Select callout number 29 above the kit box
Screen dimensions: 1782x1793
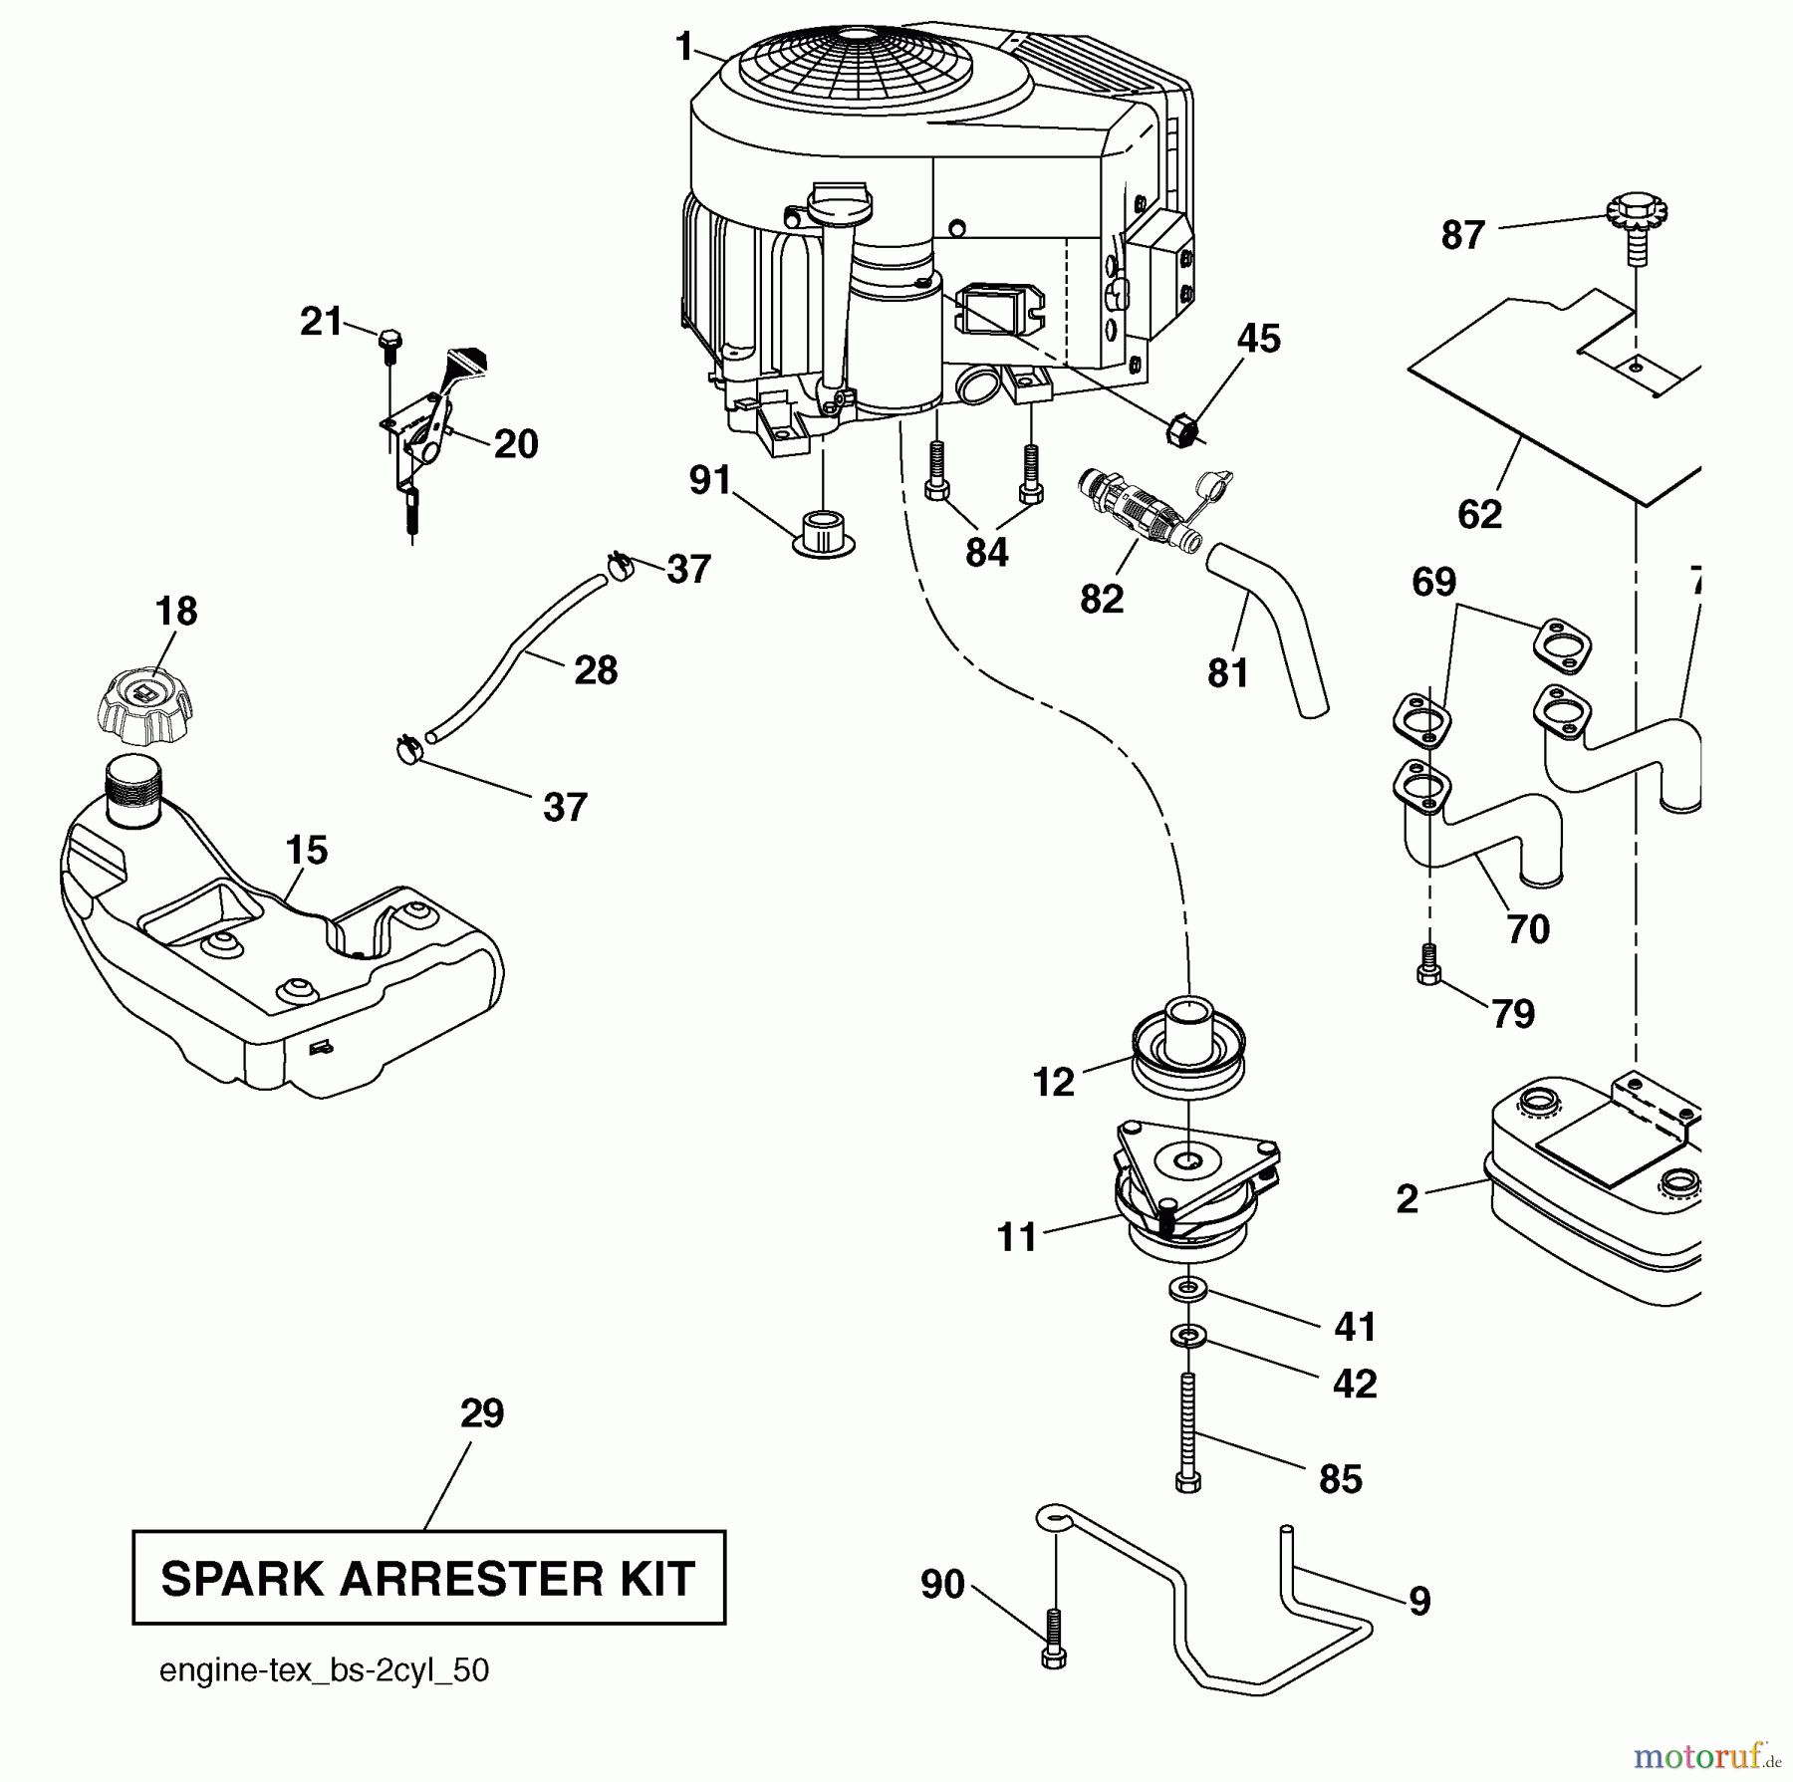pos(482,1413)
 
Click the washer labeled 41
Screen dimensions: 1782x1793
pos(1187,1290)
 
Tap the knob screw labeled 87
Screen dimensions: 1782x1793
pos(1636,224)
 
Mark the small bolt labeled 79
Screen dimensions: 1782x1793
pos(1428,965)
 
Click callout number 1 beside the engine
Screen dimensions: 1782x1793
pos(683,47)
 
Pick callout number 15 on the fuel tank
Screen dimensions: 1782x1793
pos(306,851)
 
